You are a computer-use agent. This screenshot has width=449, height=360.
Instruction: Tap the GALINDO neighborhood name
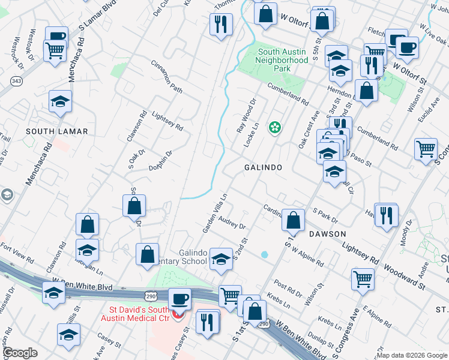pyautogui.click(x=262, y=167)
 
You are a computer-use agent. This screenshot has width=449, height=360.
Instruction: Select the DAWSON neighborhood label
pyautogui.click(x=328, y=233)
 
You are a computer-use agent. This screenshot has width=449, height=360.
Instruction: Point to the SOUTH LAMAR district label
pyautogui.click(x=57, y=131)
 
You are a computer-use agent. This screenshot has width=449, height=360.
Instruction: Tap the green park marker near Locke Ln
pyautogui.click(x=275, y=127)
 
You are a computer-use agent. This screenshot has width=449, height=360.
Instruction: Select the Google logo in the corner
pyautogui.click(x=20, y=353)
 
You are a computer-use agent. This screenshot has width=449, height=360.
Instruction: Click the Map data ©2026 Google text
pyautogui.click(x=412, y=355)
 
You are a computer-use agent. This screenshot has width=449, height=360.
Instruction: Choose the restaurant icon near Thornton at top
pyautogui.click(x=221, y=24)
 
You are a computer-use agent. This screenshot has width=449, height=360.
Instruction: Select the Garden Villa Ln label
pyautogui.click(x=214, y=212)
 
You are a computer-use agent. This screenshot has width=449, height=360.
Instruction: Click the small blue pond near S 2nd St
pyautogui.click(x=265, y=254)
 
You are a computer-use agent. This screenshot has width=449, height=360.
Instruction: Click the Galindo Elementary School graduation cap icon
pyautogui.click(x=221, y=259)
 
